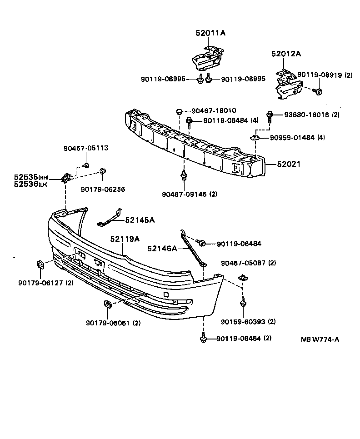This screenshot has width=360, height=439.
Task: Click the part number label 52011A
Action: [x=210, y=33]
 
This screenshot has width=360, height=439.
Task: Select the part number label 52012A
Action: [x=286, y=54]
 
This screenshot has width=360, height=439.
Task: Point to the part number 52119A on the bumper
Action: [x=124, y=239]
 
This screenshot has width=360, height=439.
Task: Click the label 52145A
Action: [x=140, y=220]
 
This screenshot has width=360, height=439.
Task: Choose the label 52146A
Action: [x=162, y=249]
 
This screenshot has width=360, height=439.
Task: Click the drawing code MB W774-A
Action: [x=320, y=339]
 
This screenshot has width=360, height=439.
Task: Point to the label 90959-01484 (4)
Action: [x=297, y=137]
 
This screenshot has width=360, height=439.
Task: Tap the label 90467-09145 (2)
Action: [x=190, y=194]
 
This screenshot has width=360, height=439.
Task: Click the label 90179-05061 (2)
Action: [x=113, y=323]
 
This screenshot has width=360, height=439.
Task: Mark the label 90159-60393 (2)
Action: [x=248, y=322]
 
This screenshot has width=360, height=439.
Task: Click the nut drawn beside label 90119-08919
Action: [x=319, y=92]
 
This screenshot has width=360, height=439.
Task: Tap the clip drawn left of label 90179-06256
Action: [x=103, y=171]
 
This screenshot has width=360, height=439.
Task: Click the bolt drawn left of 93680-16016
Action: [x=270, y=115]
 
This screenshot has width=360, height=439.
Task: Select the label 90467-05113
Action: [x=86, y=148]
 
